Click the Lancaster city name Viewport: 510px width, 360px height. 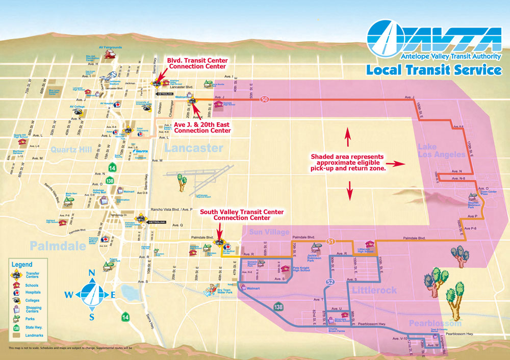pos(193,148)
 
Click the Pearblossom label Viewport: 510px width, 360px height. pos(435,324)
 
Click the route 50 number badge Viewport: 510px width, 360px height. pos(264,99)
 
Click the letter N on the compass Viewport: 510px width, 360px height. pos(92,273)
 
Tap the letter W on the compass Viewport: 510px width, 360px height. pos(68,294)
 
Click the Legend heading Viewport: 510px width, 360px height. pos(22,265)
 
